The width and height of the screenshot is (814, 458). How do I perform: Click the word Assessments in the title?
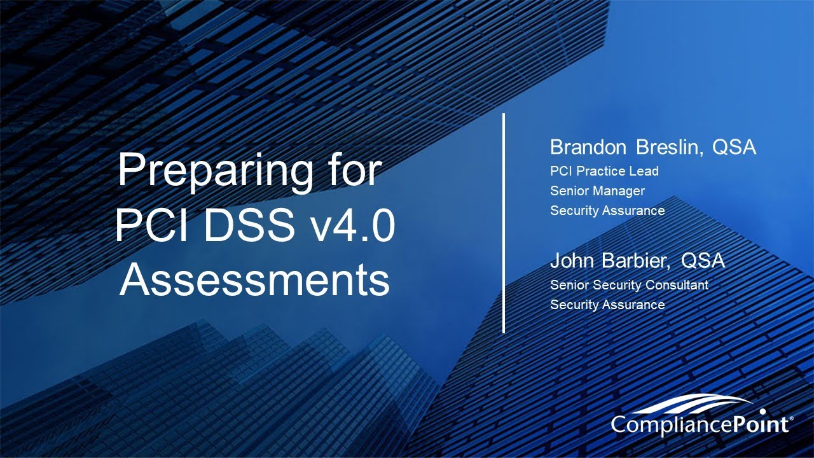pos(254,281)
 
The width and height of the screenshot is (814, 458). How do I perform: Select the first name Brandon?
pos(589,148)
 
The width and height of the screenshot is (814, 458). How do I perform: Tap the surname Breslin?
pos(669,148)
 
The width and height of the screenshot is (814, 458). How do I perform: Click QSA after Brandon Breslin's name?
pos(734,148)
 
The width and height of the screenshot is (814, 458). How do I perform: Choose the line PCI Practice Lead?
pos(604,171)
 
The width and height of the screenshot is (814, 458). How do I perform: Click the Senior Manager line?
pos(597,191)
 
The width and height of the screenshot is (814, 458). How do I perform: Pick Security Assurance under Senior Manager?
pos(607,211)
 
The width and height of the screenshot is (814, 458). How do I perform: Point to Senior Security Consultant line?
pos(629,285)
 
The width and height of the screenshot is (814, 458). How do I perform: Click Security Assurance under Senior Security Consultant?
pos(607,305)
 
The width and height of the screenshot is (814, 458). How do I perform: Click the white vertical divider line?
pos(504,223)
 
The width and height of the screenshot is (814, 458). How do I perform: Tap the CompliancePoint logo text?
pos(700,424)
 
